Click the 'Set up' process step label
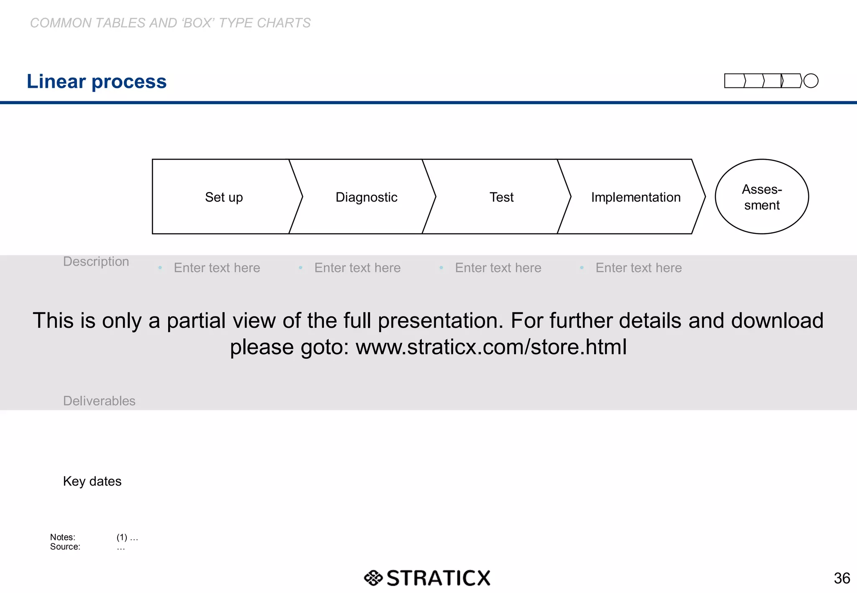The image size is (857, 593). point(224,197)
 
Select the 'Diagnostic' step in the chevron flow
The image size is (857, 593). point(366,197)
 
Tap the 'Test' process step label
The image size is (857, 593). point(501,197)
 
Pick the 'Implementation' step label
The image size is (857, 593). point(636,197)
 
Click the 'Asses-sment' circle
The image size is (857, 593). point(762,197)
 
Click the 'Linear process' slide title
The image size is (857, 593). point(97,82)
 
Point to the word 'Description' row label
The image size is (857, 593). point(96,261)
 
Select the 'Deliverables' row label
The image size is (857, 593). point(99,401)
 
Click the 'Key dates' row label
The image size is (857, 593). point(92,481)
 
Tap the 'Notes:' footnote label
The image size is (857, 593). point(63,537)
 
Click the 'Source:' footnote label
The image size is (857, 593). point(65,547)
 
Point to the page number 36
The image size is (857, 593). point(842,578)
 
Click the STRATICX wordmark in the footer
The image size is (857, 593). point(438,578)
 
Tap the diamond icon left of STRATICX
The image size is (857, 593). point(373,578)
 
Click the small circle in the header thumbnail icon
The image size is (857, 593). point(811,81)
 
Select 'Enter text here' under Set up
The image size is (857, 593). point(217,268)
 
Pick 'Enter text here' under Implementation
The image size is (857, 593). point(639,268)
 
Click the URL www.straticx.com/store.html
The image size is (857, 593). point(491,347)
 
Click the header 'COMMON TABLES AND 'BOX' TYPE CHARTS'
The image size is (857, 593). point(170,23)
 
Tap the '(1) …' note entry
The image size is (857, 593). point(127,537)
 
